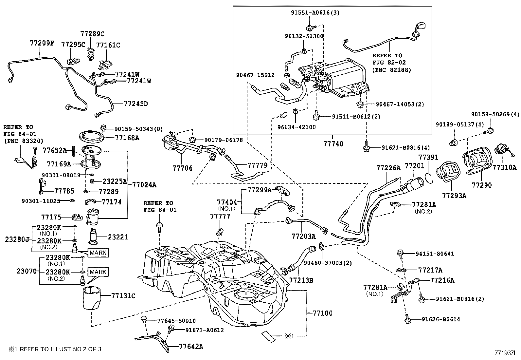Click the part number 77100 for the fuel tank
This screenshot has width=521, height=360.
322,313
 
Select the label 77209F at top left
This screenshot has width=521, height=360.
42,43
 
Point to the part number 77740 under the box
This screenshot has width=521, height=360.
333,144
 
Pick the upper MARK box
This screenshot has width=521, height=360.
98,253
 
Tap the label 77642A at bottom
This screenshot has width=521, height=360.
191,346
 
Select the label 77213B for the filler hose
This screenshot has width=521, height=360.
301,280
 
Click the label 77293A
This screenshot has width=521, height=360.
454,196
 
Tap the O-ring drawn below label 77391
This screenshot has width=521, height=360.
430,178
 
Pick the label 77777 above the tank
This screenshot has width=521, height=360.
220,217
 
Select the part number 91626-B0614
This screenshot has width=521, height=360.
441,319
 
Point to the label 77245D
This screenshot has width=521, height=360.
136,104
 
